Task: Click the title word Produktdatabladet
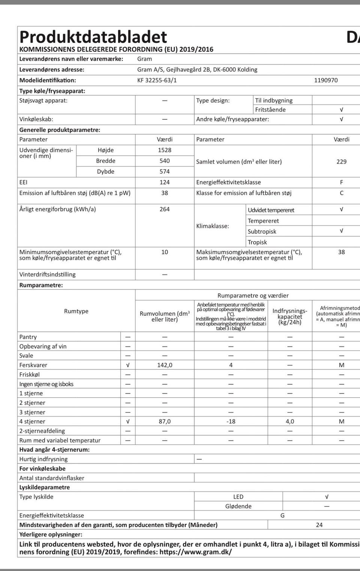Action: [93, 37]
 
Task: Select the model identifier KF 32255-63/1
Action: [157, 80]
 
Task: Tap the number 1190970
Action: [326, 80]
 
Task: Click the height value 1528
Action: [165, 150]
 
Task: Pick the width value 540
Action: [165, 161]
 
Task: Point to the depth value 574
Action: [165, 171]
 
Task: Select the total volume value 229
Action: [341, 162]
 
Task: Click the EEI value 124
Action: [165, 182]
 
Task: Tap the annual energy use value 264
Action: [165, 209]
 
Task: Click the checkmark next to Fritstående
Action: [341, 109]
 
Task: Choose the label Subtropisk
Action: [262, 232]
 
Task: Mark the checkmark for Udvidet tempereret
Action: [341, 209]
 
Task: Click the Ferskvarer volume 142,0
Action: [165, 365]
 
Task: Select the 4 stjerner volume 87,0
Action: [165, 421]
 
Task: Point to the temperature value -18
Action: [231, 421]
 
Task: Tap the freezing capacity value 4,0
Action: [290, 421]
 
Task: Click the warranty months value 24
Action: [319, 525]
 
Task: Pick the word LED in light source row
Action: [238, 497]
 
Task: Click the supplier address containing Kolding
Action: [197, 70]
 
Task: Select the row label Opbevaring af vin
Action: [43, 346]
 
